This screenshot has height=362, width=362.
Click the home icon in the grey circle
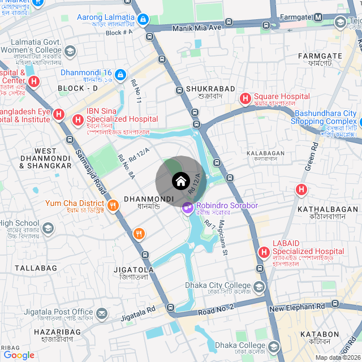(180, 181)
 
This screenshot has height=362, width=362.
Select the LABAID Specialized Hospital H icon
(264, 252)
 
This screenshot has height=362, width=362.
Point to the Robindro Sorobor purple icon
(187, 209)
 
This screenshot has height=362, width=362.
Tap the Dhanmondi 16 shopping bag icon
(120, 75)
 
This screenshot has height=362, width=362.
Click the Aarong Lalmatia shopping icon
(143, 20)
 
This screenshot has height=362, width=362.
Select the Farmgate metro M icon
(318, 17)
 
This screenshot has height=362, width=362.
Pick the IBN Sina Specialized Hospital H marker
(78, 120)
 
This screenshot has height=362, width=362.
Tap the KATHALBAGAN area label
(327, 209)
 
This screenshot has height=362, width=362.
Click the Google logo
(19, 355)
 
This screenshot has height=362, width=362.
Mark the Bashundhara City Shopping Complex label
(325, 118)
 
